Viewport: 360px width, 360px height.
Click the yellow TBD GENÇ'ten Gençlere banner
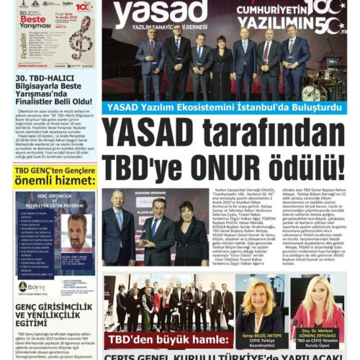pyautogui.click(x=50, y=176)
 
